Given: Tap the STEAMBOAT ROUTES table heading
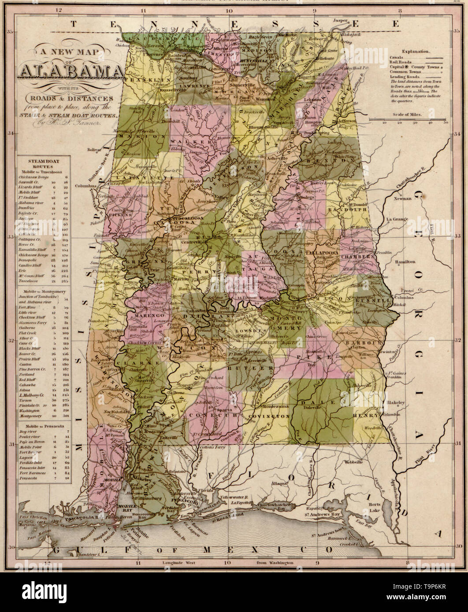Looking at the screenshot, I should [44, 161].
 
